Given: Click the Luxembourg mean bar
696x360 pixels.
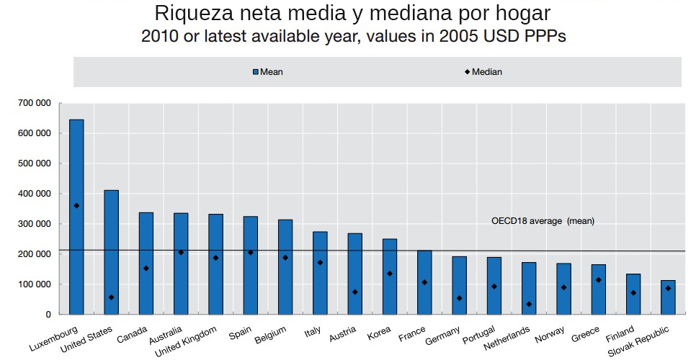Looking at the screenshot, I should (x=76, y=216).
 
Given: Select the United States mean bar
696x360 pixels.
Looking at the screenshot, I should (x=111, y=252).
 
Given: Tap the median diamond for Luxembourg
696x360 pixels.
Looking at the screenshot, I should (x=76, y=206).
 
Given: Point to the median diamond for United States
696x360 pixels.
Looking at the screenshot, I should (x=111, y=297).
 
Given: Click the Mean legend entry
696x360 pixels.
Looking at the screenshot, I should (x=267, y=72).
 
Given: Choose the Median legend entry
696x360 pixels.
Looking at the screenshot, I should (x=483, y=72).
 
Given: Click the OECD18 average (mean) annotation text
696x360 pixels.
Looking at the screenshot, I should (x=543, y=221).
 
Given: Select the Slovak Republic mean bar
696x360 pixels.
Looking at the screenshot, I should (x=668, y=297).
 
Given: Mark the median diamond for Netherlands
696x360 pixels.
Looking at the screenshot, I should (x=529, y=304).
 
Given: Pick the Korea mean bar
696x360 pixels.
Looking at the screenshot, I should (x=390, y=276).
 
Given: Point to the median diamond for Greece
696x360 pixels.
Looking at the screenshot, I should (x=598, y=280).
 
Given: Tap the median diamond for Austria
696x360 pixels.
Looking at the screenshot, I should (x=354, y=292).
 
